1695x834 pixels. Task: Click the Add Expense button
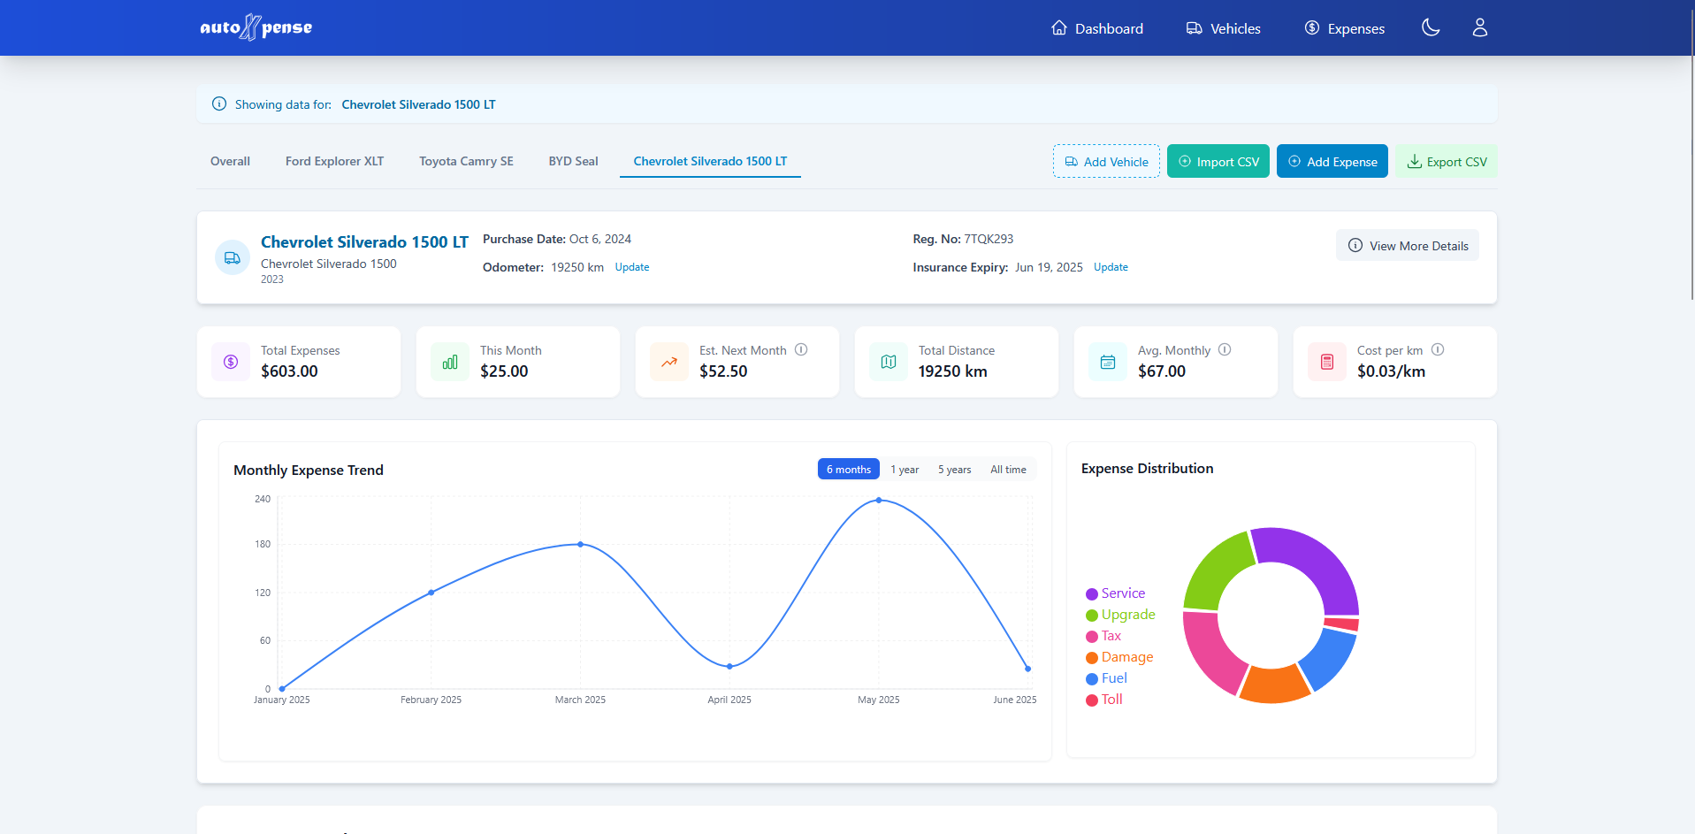click(x=1332, y=161)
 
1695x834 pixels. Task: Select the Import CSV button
click(x=1218, y=161)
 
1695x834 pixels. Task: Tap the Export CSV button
click(x=1446, y=161)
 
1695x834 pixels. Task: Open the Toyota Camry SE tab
click(x=466, y=161)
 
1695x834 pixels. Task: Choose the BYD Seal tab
click(x=573, y=161)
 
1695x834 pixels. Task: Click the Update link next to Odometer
click(x=631, y=267)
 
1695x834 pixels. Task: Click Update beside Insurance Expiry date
click(x=1110, y=267)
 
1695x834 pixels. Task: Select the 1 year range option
click(x=904, y=470)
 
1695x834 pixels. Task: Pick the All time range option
click(x=1007, y=470)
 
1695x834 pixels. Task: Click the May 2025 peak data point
click(x=878, y=501)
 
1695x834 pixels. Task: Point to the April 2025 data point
click(x=729, y=666)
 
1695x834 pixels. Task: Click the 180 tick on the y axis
click(x=263, y=545)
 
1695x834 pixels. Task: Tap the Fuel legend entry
click(x=1113, y=678)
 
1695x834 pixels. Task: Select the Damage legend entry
click(x=1126, y=657)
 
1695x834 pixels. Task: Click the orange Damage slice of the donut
click(x=1273, y=685)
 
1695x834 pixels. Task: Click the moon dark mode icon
click(x=1430, y=28)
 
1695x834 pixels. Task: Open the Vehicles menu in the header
click(x=1224, y=28)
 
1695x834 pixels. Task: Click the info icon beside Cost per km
click(x=1437, y=349)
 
